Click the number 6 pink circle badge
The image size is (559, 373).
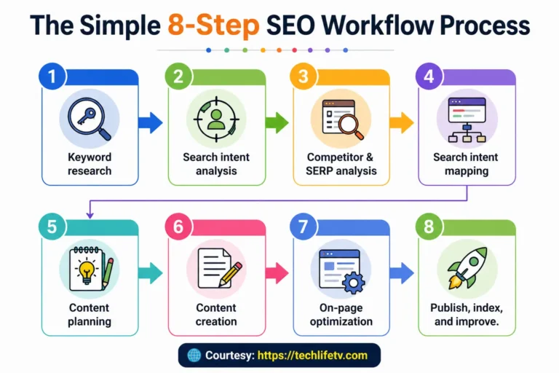point(178,227)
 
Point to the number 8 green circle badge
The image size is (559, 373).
point(429,227)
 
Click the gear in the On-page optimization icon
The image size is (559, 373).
point(353,282)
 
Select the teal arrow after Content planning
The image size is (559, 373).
point(149,274)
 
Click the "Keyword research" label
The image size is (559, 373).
point(90,164)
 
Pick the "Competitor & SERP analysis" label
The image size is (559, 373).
point(341,164)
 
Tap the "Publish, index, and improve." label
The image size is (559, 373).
point(467,315)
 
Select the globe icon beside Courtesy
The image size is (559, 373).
point(193,356)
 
